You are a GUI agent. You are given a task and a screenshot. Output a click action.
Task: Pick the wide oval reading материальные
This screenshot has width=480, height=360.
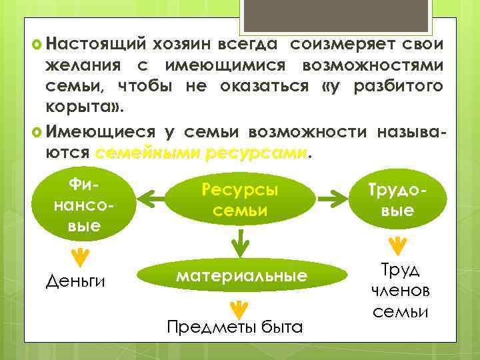242,275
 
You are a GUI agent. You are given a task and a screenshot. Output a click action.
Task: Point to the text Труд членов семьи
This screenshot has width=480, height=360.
400,291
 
